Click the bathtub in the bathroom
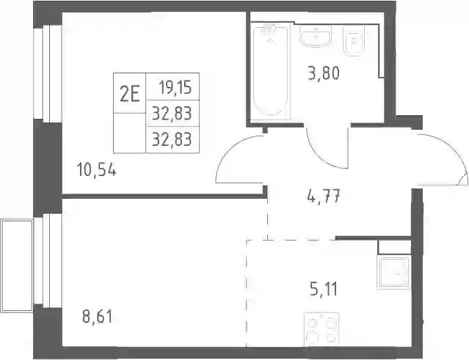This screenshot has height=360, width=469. (270, 72)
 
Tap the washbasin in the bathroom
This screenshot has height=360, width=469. (316, 36)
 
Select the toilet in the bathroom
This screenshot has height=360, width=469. (355, 40)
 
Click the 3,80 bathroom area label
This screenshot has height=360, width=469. (324, 73)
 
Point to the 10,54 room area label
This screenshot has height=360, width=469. (96, 169)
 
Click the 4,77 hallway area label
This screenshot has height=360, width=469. (324, 196)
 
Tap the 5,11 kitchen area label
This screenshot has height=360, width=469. (324, 289)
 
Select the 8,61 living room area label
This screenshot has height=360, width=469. (98, 317)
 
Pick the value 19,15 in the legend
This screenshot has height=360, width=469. (175, 87)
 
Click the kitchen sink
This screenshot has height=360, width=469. (395, 273)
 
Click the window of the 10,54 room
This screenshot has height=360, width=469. (48, 73)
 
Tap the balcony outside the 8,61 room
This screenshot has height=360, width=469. (16, 265)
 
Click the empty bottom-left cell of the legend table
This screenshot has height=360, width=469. (129, 133)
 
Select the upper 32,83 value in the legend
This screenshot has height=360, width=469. (172, 114)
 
